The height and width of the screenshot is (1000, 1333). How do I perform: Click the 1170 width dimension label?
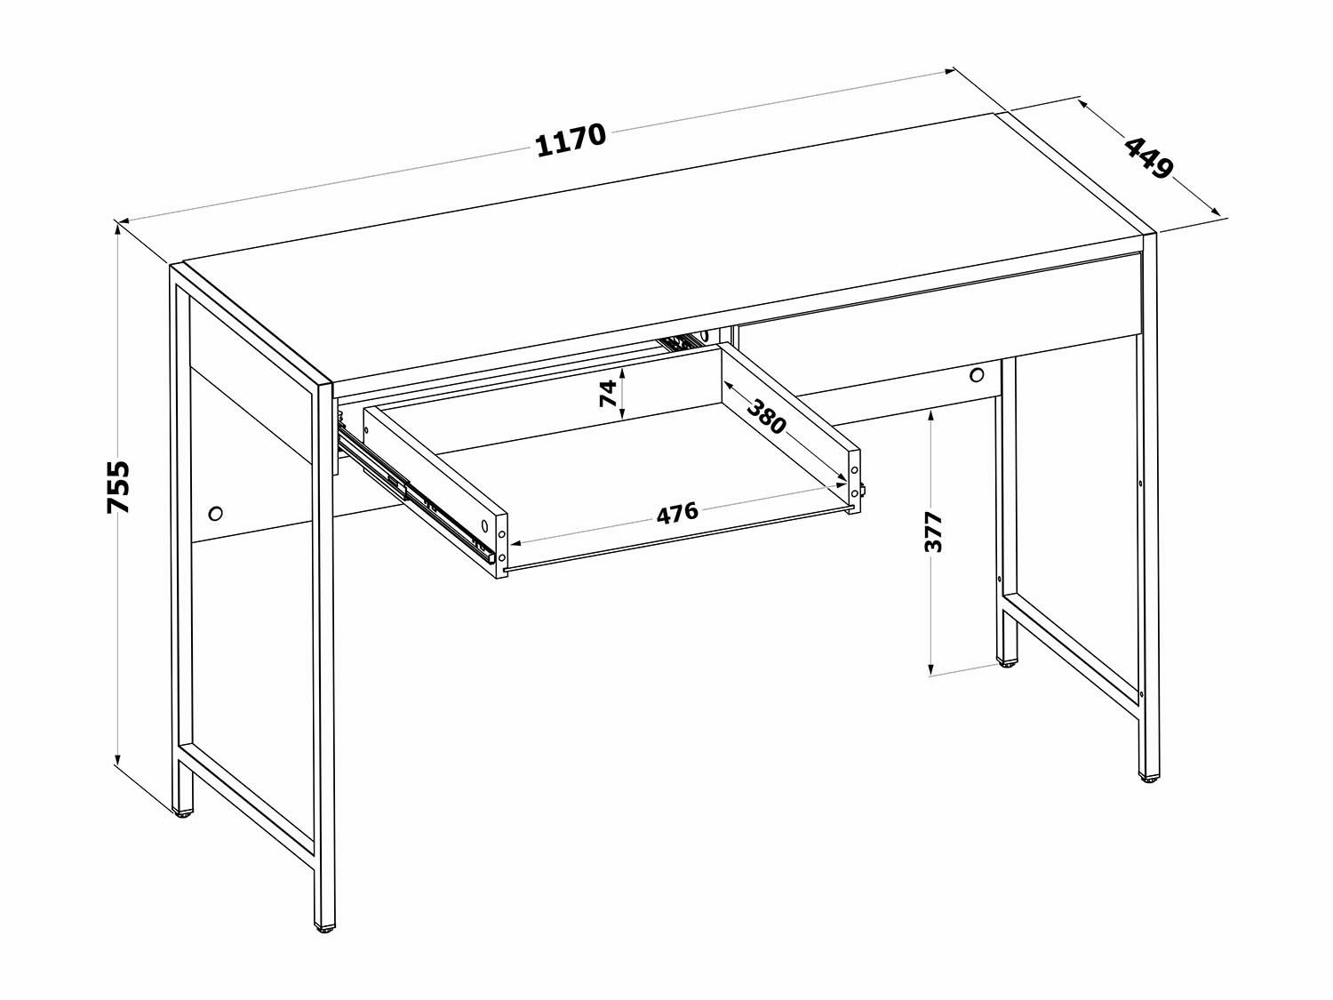[x=571, y=140]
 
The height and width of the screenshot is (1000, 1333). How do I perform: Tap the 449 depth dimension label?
[x=1148, y=158]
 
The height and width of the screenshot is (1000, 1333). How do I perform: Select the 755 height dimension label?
[x=118, y=487]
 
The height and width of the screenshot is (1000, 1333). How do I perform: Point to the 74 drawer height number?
[x=607, y=393]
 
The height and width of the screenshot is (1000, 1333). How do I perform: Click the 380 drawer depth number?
[x=766, y=417]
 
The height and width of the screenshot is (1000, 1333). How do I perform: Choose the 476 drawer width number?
[x=677, y=514]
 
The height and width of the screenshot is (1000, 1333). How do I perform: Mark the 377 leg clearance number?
[x=933, y=532]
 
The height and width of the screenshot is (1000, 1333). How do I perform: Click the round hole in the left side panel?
[x=215, y=513]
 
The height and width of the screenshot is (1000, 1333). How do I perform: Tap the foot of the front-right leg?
[x=1148, y=778]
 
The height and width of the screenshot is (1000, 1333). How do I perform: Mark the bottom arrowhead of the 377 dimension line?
[x=930, y=668]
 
